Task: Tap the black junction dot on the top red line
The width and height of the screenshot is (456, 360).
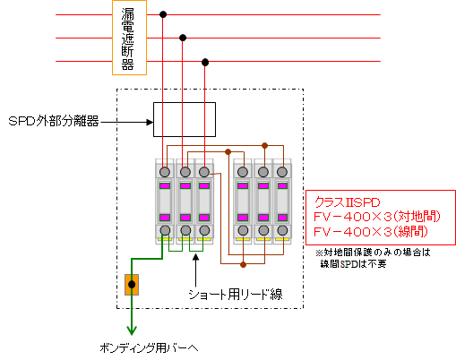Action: tap(163, 14)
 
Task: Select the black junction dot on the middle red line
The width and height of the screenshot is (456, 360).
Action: tap(183, 38)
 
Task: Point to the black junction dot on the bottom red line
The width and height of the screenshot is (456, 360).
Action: tap(205, 62)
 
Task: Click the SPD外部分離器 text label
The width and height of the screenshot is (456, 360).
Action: tap(54, 122)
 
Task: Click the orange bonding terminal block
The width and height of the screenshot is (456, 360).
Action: tap(132, 285)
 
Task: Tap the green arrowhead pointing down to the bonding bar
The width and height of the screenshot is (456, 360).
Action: tap(132, 330)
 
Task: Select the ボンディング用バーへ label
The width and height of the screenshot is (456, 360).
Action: tap(149, 348)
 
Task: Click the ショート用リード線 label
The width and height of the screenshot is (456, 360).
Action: tap(236, 295)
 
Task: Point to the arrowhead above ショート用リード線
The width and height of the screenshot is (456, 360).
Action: tap(195, 258)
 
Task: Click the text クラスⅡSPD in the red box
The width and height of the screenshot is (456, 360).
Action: tap(348, 202)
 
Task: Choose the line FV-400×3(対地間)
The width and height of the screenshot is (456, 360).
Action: tap(377, 217)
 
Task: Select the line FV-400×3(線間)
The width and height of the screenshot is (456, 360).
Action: tap(371, 231)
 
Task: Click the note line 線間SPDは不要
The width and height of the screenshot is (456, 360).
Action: tap(353, 263)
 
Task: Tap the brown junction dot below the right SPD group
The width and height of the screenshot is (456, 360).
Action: tap(243, 264)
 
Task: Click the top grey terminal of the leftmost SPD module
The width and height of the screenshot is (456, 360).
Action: tap(165, 172)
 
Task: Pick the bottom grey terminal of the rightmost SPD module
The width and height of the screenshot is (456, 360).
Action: tap(282, 230)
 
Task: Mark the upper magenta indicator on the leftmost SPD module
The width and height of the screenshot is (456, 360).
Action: tap(165, 185)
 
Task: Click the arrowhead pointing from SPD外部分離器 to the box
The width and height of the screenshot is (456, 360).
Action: tap(150, 122)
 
